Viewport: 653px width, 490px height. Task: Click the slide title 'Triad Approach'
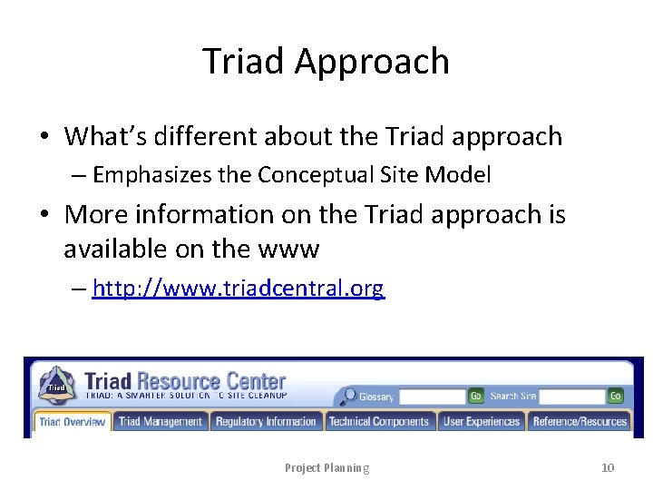(x=326, y=62)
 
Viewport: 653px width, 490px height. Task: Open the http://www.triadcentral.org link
(x=239, y=289)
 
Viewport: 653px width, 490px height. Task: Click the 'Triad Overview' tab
(x=73, y=421)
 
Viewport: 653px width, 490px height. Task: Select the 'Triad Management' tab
(x=161, y=421)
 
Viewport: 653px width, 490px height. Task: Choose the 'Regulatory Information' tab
(x=266, y=421)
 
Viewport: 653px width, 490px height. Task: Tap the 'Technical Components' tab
(x=379, y=421)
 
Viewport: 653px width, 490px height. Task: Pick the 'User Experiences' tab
(x=481, y=421)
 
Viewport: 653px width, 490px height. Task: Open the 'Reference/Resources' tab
(x=580, y=421)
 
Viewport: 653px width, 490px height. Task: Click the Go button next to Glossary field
(x=475, y=397)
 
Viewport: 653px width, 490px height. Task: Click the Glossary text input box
(x=432, y=397)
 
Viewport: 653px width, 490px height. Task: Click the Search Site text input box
(x=571, y=397)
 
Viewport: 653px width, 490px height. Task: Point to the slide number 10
(x=608, y=467)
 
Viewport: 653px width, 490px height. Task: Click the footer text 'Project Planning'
(x=326, y=467)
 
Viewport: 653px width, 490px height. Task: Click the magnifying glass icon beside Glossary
(x=347, y=397)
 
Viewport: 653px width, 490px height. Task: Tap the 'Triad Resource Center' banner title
(x=185, y=381)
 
